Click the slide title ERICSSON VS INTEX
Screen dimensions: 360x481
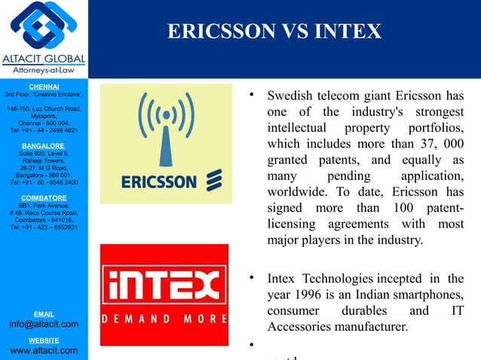(274, 32)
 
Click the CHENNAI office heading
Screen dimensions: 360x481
(44, 87)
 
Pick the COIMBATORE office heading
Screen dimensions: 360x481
(44, 197)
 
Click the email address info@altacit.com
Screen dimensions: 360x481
(44, 324)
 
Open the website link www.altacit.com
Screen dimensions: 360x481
(44, 350)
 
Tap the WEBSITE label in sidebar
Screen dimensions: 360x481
(44, 340)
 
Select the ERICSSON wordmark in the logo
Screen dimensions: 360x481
(159, 182)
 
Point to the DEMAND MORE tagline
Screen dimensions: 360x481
(164, 318)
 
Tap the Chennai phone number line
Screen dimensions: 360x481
(44, 130)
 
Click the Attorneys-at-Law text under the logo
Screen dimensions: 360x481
(43, 71)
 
